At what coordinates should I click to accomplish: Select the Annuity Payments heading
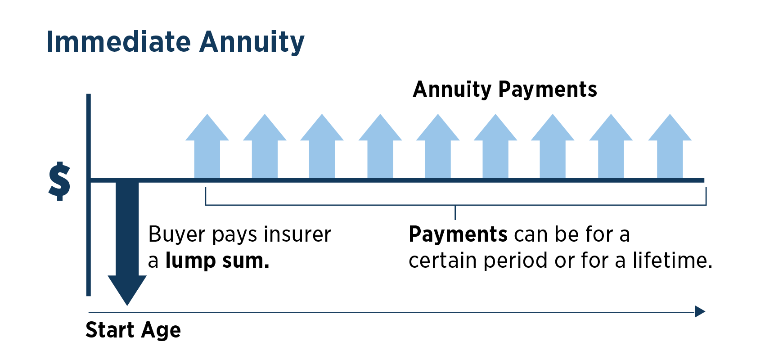point(504,89)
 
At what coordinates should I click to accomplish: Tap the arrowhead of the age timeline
point(700,311)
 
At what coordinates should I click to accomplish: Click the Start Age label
point(133,330)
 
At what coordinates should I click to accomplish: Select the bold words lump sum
point(217,261)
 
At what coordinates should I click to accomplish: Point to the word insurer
point(297,234)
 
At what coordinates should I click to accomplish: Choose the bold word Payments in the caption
point(458,234)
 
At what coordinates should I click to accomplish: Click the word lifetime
point(672,261)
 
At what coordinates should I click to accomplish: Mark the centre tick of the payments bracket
point(455,212)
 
